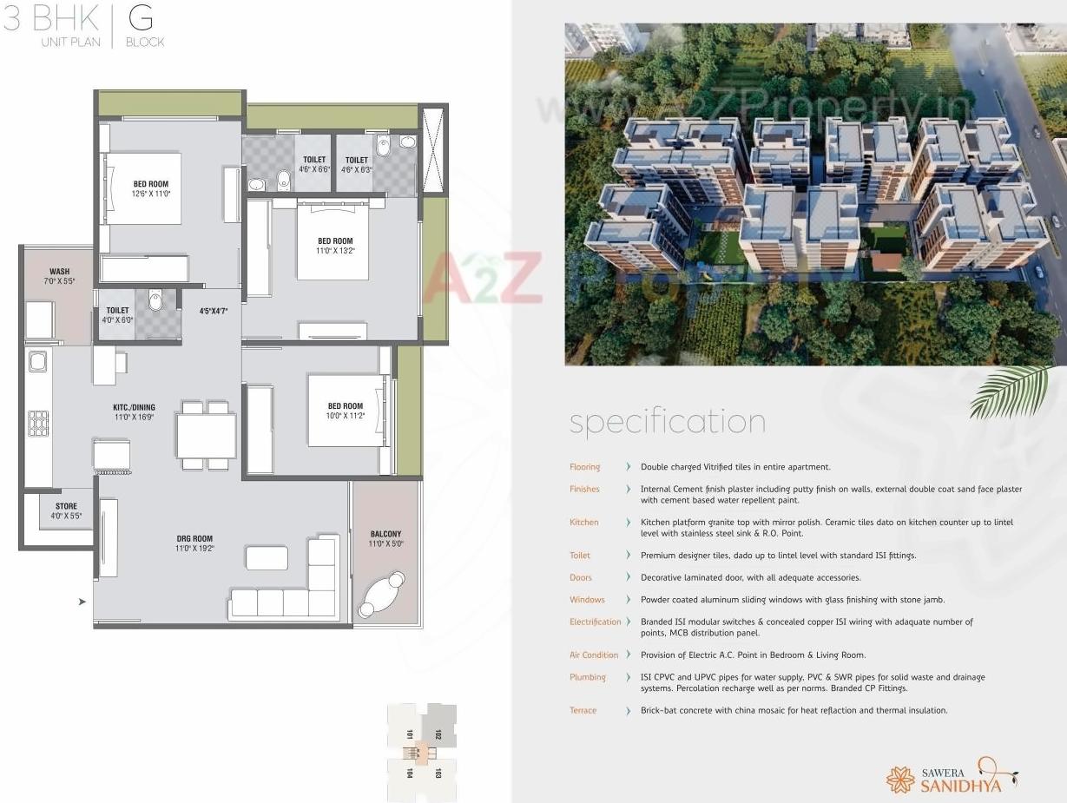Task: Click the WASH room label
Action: click(x=59, y=272)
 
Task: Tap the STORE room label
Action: click(x=66, y=506)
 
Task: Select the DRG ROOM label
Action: click(x=194, y=539)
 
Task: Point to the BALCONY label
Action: click(x=385, y=534)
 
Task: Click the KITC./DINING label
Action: click(x=134, y=406)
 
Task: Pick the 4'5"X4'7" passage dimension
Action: click(x=213, y=310)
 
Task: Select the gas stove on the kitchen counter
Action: click(x=38, y=423)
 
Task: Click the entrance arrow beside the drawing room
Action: click(x=82, y=601)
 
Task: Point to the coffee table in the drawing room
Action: click(x=267, y=557)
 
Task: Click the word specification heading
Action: click(x=668, y=422)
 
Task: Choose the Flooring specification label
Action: click(x=584, y=467)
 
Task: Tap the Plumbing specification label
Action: click(x=588, y=677)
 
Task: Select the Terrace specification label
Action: click(x=583, y=710)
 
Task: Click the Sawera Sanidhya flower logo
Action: click(x=900, y=779)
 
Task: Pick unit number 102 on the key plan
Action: click(x=438, y=734)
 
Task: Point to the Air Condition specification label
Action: click(x=594, y=655)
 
